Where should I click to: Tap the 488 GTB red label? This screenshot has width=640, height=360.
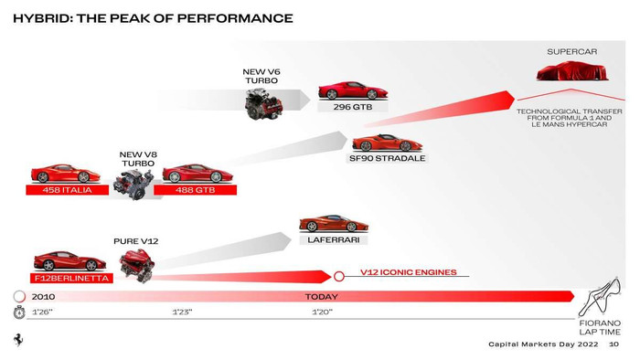(195, 190)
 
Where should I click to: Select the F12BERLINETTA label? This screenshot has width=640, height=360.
(71, 277)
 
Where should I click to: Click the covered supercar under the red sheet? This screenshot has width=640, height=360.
(572, 75)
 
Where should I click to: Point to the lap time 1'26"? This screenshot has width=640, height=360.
(42, 312)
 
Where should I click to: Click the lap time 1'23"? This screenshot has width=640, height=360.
(182, 312)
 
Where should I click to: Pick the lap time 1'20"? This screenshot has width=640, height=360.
(321, 312)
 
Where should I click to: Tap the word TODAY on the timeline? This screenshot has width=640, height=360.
(321, 297)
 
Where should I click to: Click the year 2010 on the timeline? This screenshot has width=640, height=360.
(43, 297)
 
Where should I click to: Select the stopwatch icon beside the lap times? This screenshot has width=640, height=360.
(18, 312)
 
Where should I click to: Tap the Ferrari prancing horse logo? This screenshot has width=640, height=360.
(17, 339)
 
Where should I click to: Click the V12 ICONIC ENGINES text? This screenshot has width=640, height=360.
(408, 271)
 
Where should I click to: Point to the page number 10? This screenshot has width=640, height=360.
(613, 344)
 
